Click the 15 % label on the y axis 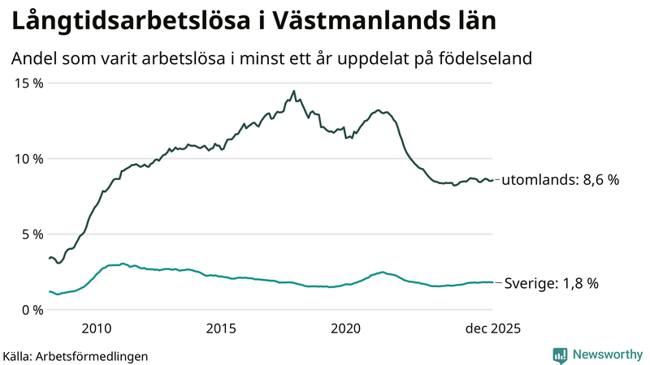coord(29,83)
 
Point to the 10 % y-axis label coord(29,158)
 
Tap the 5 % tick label coord(33,234)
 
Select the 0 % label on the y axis coord(33,309)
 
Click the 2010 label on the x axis coord(96,328)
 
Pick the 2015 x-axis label coord(221,328)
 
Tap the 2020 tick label coord(346,328)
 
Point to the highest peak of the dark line coord(293,91)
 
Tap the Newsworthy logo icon coord(560,354)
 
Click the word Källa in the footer coord(18,355)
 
